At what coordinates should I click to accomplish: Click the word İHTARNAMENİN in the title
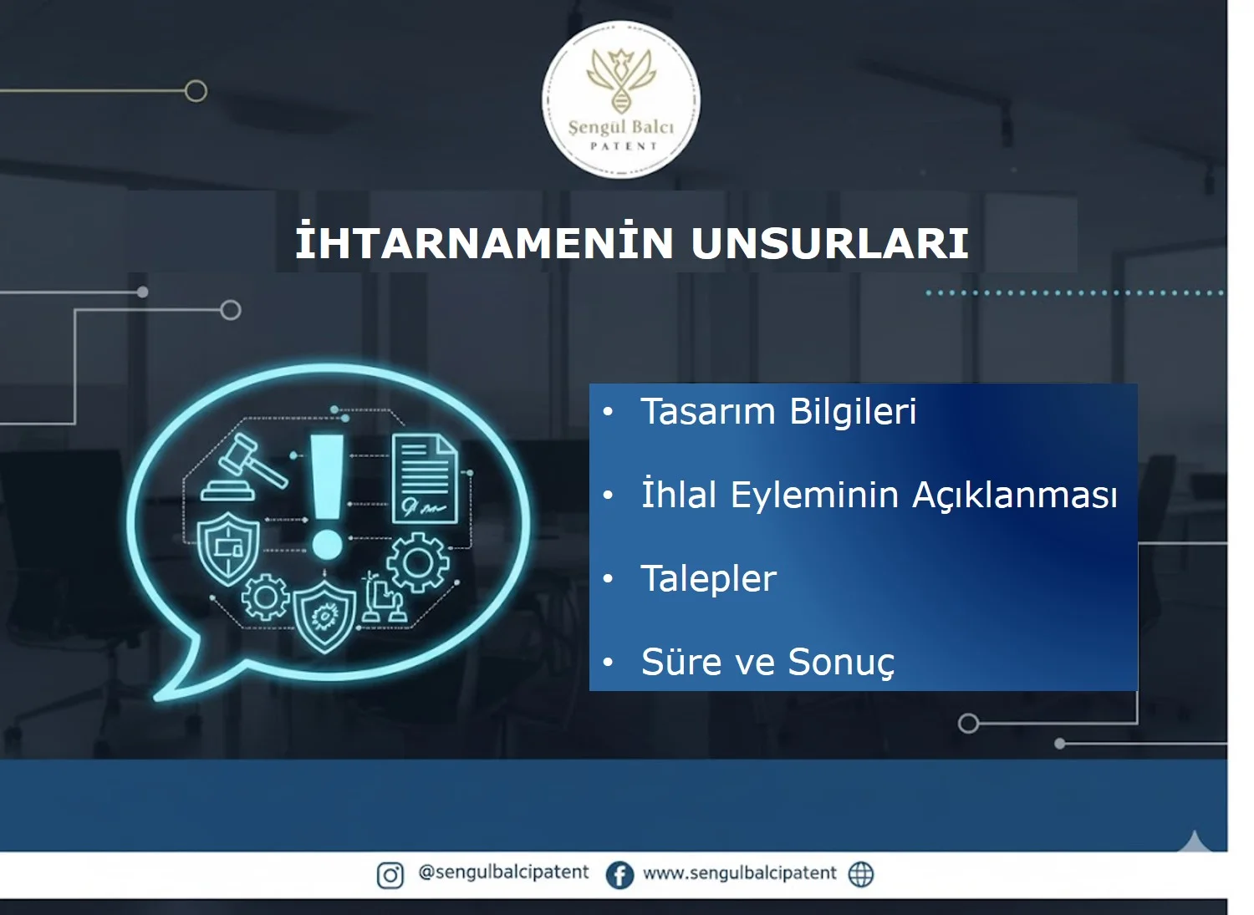pos(484,243)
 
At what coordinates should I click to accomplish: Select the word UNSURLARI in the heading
pos(829,243)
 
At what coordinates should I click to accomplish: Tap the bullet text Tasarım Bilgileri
pos(778,412)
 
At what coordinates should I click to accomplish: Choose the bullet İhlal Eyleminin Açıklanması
pos(879,495)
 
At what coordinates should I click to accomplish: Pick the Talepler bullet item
pos(708,579)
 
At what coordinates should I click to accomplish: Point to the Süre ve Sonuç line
pos(767,663)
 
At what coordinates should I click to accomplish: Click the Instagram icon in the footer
pos(390,875)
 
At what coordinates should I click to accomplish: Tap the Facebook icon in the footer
pos(619,875)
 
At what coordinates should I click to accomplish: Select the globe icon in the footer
pos(861,874)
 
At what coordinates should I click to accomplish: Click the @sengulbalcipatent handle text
pos(503,872)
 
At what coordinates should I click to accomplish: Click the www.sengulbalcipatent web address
pos(739,873)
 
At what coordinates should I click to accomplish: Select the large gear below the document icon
pos(417,563)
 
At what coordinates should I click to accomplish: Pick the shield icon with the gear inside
pos(324,617)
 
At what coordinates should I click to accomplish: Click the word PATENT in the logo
pos(624,146)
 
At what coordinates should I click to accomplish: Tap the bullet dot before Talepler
pos(608,578)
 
